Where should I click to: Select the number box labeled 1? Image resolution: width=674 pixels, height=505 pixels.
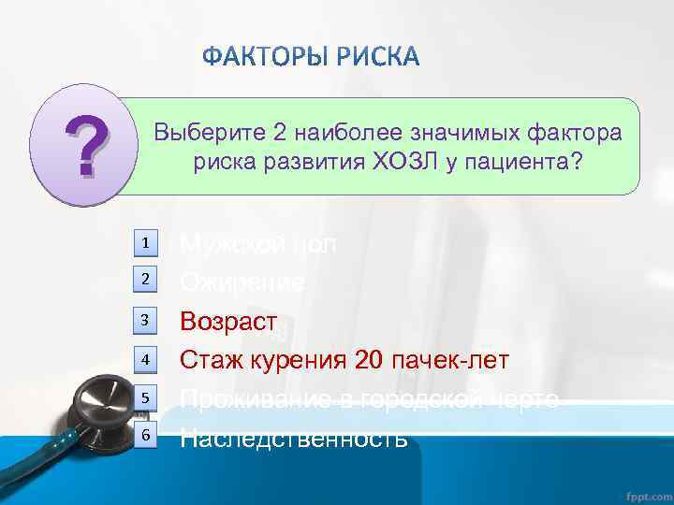pos(146,243)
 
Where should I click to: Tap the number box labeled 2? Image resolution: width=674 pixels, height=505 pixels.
pos(146,279)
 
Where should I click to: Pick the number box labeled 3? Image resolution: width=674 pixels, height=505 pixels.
pos(146,321)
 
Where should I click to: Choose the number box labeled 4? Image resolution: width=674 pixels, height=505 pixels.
pos(146,359)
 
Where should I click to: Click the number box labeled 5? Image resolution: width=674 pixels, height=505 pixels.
pos(146,398)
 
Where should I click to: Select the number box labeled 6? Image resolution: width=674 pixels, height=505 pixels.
pos(146,436)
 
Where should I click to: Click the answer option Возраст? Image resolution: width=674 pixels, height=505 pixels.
pos(228,322)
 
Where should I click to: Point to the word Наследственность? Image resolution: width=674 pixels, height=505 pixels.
pos(293,437)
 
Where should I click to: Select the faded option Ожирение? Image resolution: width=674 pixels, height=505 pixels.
pos(242,281)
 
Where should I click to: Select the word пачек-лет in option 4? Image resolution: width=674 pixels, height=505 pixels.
pos(450,360)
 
